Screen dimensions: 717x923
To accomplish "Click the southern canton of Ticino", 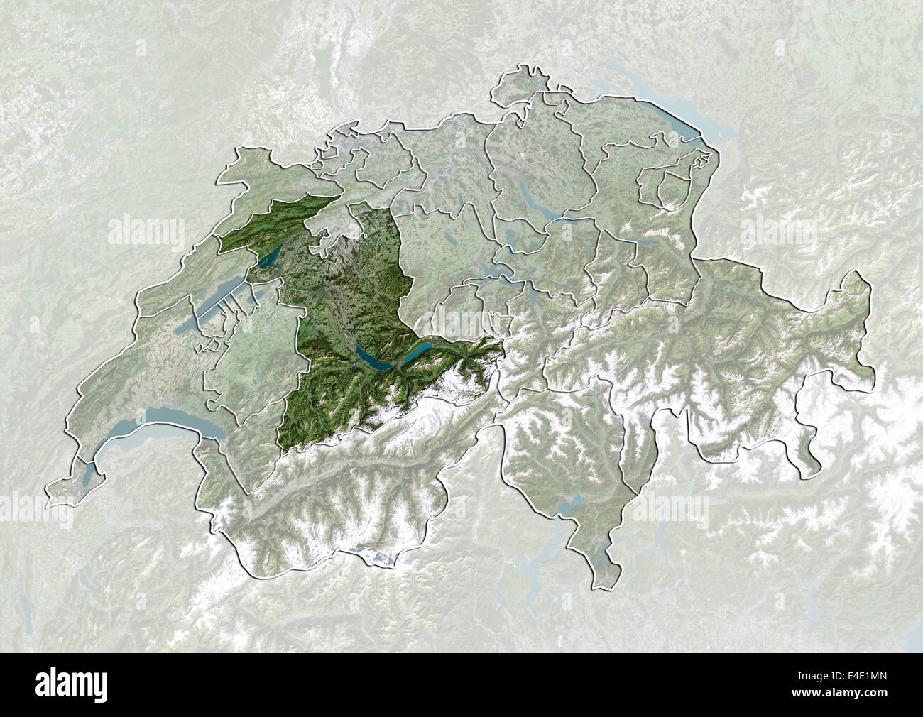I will (568, 454).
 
